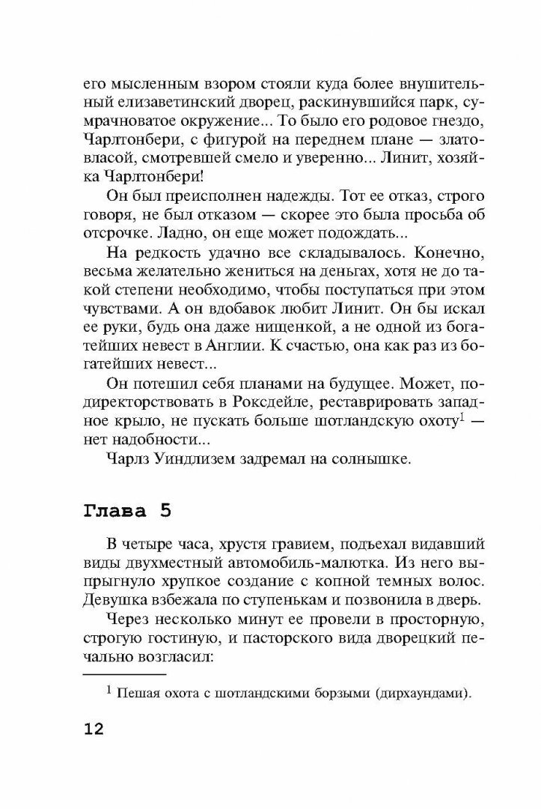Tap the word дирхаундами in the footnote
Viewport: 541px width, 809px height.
(x=422, y=694)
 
